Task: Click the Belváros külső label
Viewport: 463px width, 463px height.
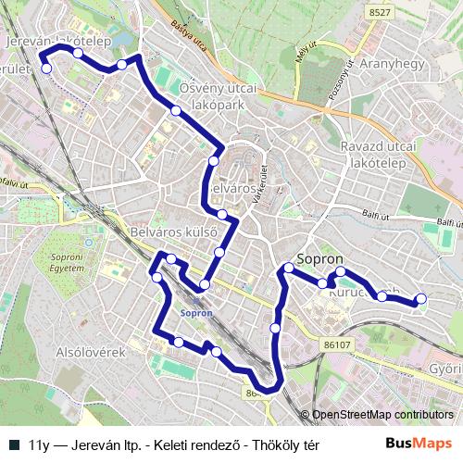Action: click(x=173, y=231)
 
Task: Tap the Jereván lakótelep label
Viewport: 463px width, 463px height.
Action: click(x=59, y=42)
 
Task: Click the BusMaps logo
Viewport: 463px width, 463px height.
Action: click(x=419, y=444)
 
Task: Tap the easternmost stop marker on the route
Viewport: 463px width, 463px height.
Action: click(x=421, y=299)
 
